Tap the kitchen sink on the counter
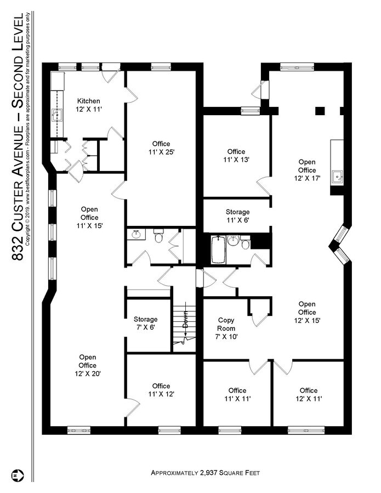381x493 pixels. (57, 115)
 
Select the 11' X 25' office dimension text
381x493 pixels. (161, 152)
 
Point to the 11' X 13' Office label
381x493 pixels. (236, 156)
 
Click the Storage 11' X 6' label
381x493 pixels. (238, 216)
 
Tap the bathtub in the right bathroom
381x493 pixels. (218, 250)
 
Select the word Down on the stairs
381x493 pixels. (185, 319)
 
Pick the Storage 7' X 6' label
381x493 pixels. (145, 323)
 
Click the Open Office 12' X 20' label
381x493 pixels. (88, 365)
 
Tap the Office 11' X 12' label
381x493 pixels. (161, 390)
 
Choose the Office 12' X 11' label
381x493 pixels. (309, 394)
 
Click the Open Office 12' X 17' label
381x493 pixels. (307, 170)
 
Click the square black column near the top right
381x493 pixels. (320, 111)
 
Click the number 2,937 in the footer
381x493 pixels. (208, 473)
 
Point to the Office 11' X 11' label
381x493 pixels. (237, 394)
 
